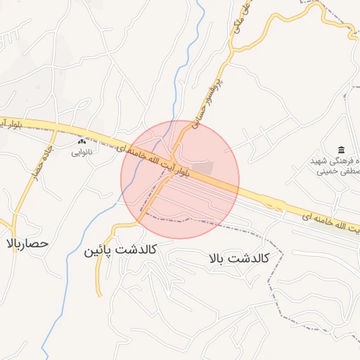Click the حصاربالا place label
click(27, 243)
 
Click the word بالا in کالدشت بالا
click(218, 258)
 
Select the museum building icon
click(341, 150)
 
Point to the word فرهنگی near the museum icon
click(348, 161)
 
